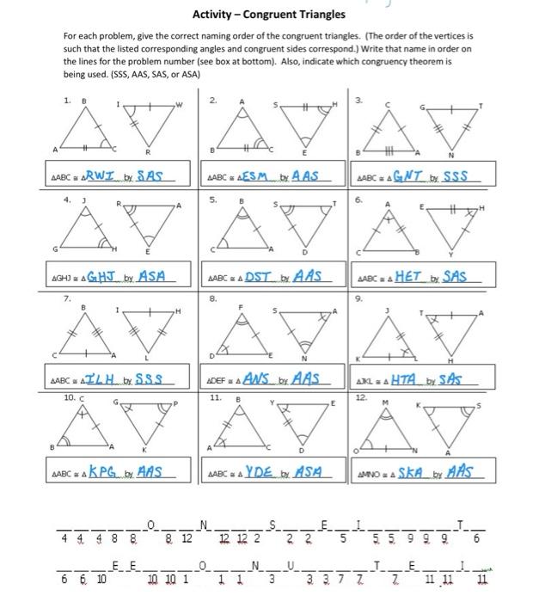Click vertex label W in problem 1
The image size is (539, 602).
point(179,107)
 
